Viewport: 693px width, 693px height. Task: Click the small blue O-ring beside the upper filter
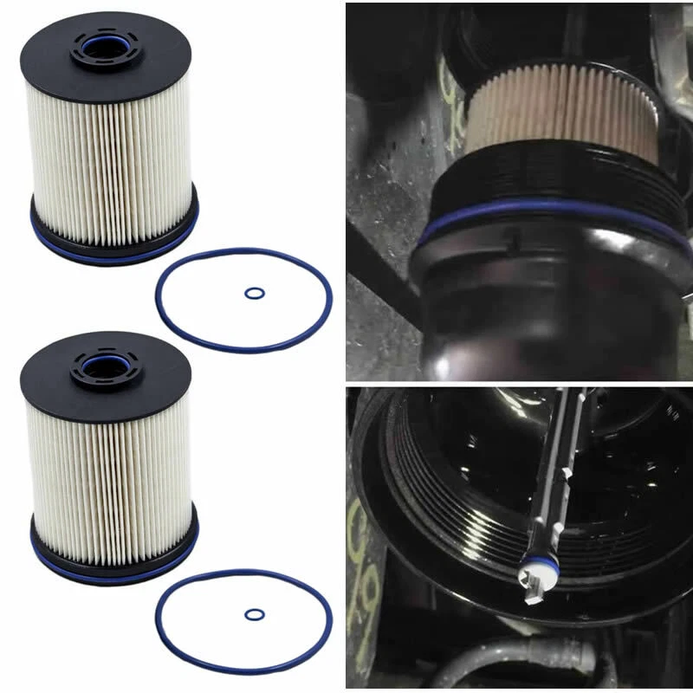pos(254,293)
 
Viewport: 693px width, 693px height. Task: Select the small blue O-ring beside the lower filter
pos(254,614)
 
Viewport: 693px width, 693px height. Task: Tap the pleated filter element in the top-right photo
pos(563,113)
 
